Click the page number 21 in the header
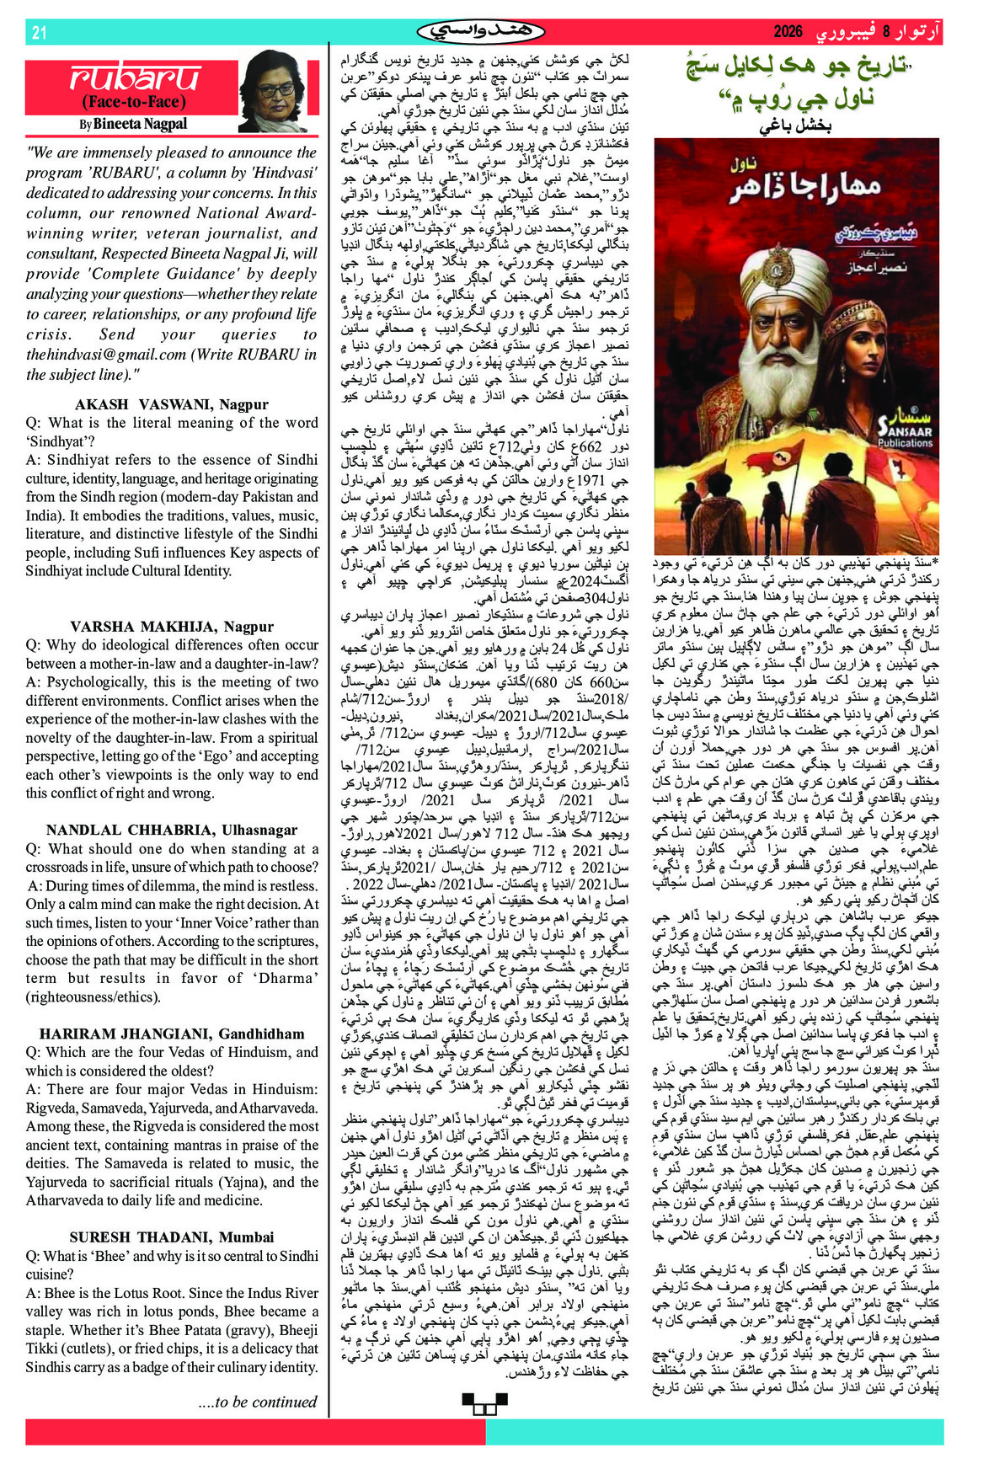pos(39,33)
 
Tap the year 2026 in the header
pos(788,33)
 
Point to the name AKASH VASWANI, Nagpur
pos(172,404)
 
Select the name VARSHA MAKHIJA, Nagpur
pos(172,627)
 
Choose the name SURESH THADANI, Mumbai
pos(172,1237)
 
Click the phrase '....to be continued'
pos(257,1402)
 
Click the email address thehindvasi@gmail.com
pos(106,355)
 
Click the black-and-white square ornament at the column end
pos(484,1402)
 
